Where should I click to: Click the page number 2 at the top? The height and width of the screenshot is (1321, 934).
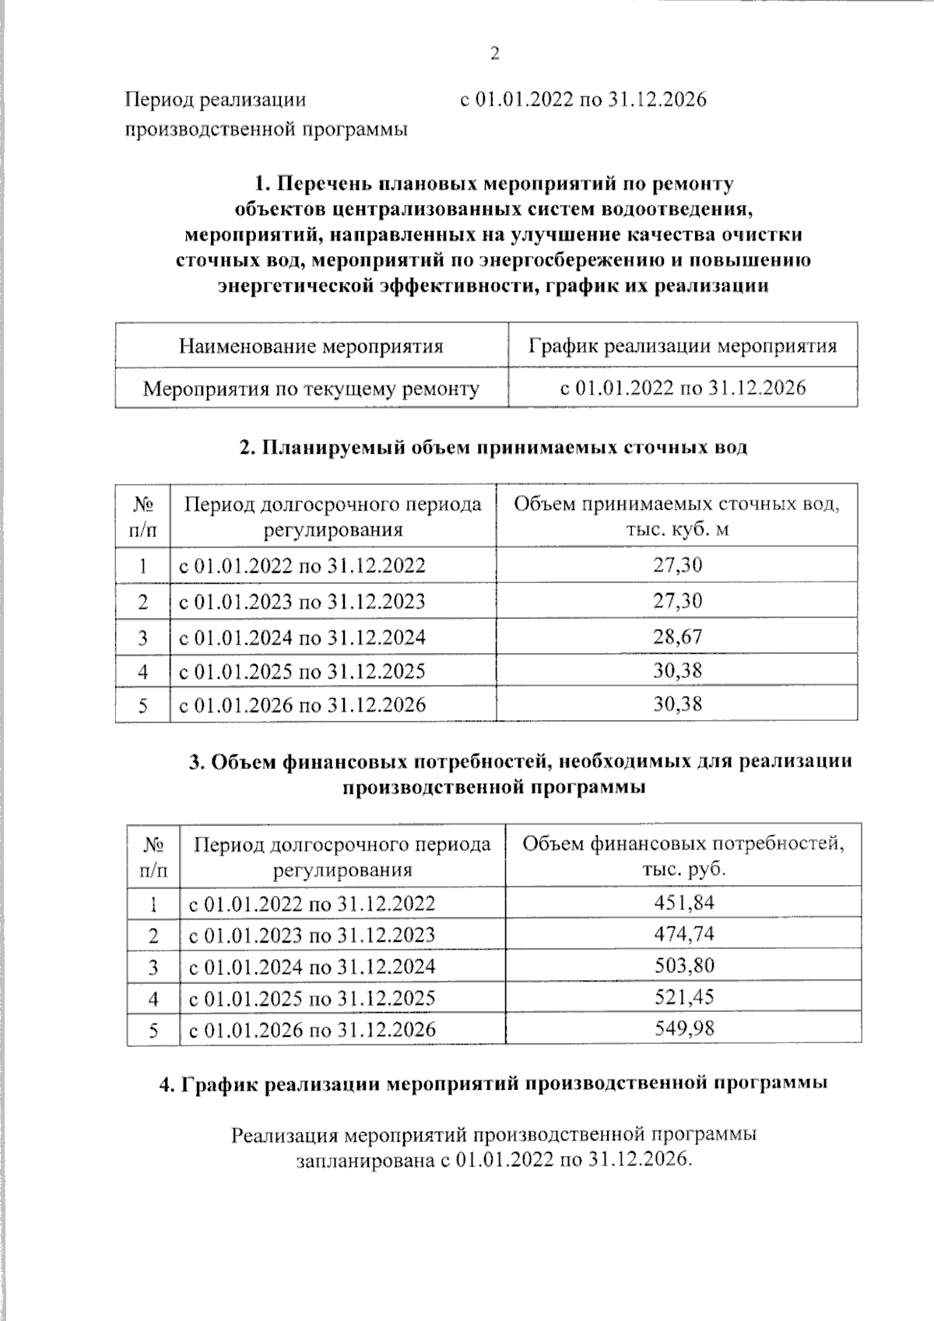493,54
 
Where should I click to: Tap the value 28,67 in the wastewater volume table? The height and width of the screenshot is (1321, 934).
677,638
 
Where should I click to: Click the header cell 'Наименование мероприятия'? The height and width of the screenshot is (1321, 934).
311,346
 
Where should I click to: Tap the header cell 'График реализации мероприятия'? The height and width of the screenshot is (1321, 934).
683,346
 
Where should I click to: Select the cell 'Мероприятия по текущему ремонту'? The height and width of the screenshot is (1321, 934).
311,388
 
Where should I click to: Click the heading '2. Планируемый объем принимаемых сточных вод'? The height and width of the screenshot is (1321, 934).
493,448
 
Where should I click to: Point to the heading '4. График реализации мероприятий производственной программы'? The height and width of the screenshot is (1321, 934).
493,1084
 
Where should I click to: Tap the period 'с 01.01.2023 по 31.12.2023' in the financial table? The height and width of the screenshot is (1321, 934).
312,935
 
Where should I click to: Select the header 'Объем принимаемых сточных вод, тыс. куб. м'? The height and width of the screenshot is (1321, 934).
676,516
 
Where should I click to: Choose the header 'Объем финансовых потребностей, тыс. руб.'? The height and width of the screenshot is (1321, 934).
683,855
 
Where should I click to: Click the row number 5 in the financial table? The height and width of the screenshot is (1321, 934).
153,1030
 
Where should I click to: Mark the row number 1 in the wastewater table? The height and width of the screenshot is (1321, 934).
142,566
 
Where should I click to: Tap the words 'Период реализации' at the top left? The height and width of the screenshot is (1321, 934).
216,100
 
